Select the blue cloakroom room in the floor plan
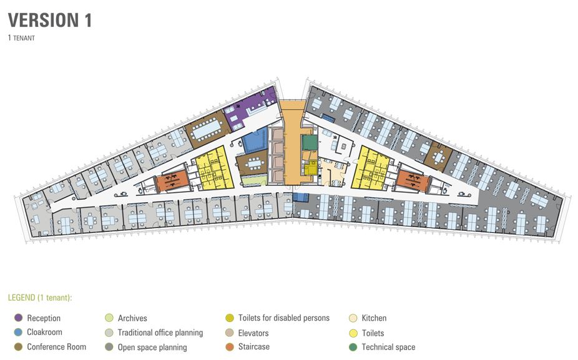pos(255,140)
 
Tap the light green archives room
pos(253,180)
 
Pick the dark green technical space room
pos(310,142)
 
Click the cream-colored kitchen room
pos(333,172)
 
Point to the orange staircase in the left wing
pos(172,181)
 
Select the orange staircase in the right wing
pos(413,180)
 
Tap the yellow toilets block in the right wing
pos(371,168)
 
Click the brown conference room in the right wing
pos(438,156)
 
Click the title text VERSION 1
pos(50,20)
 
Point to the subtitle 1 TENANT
pos(21,37)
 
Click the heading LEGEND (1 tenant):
pos(40,298)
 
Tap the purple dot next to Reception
pos(18,318)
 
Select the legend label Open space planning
pos(152,347)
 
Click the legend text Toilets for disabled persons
pos(284,318)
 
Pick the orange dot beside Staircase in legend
pos(230,347)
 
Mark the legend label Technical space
pos(388,347)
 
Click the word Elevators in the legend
pos(253,333)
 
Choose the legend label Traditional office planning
pos(160,333)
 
